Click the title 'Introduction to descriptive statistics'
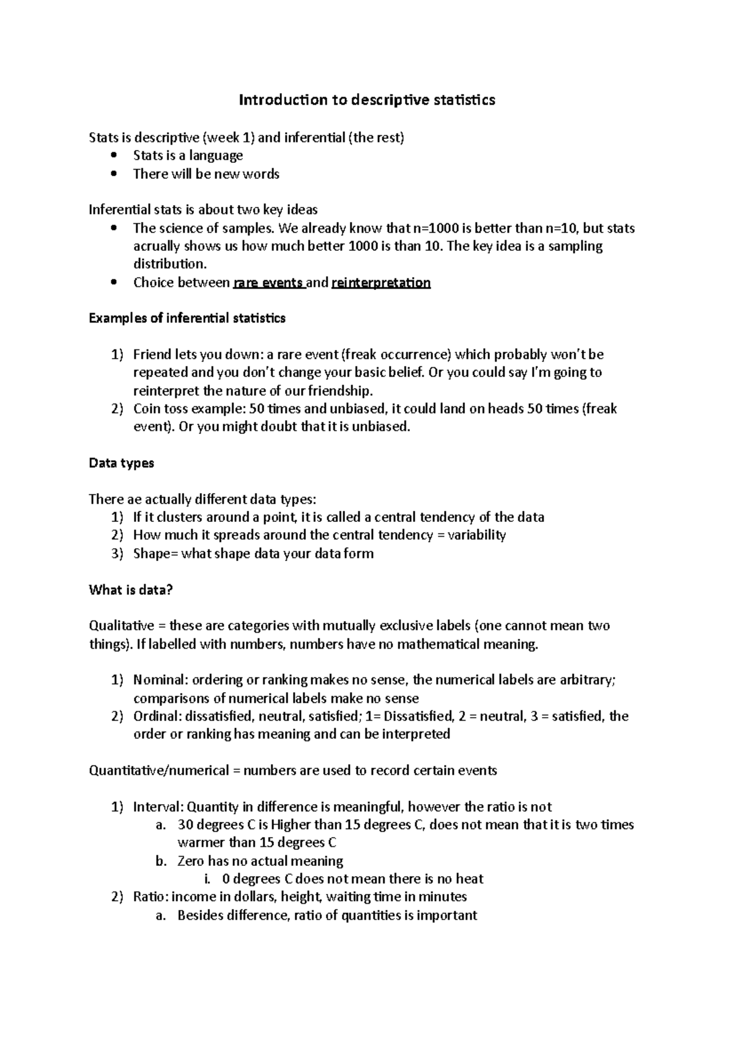tap(366, 100)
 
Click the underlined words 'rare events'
tap(269, 283)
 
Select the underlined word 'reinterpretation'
tap(380, 283)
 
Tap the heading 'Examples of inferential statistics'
tap(187, 318)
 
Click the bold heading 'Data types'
tap(121, 463)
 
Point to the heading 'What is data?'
tap(131, 590)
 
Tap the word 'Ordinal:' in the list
tap(157, 716)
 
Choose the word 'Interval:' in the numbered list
tap(158, 806)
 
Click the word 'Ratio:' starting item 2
tap(150, 897)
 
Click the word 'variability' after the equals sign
tap(476, 535)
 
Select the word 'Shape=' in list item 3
tap(154, 554)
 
